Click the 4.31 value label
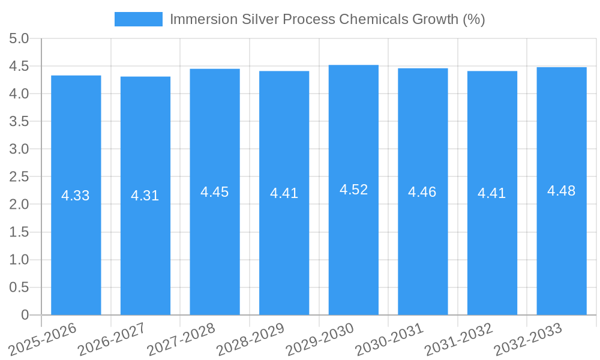145,196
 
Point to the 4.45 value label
215,192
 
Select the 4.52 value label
353,190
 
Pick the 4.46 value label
422,192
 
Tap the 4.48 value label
562,191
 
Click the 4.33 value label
76,196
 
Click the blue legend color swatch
139,19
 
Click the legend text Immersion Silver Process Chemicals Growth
327,19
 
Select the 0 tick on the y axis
25,315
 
